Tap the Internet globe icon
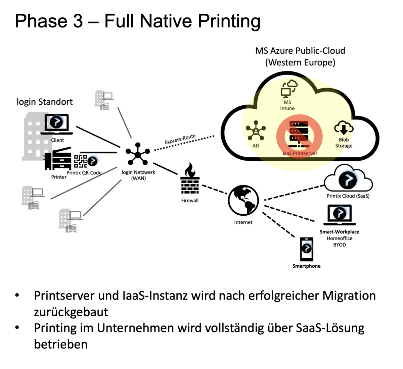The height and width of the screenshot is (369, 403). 243,200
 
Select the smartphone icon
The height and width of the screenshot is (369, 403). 306,249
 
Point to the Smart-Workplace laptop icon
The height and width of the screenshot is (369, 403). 340,215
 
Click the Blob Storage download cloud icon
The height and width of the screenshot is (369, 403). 344,128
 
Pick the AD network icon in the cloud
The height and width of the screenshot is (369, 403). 256,130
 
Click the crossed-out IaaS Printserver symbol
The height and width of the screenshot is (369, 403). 299,136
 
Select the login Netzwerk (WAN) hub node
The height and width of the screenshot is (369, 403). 137,154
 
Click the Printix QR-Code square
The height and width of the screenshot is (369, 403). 80,161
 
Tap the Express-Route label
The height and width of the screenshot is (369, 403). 180,139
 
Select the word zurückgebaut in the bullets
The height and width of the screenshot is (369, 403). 71,312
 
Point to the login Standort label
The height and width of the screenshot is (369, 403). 45,102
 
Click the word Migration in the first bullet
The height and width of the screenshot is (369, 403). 349,296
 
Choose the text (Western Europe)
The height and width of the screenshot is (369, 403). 300,62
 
